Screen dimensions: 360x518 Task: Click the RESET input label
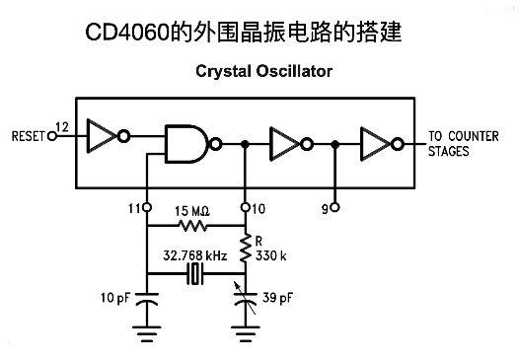click(24, 135)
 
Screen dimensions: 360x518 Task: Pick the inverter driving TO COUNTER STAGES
click(379, 143)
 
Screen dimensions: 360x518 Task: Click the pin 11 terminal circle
click(147, 207)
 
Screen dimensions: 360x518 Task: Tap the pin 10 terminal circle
click(245, 207)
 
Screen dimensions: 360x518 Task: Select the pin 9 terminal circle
click(334, 207)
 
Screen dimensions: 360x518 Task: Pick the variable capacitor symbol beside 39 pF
click(245, 295)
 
